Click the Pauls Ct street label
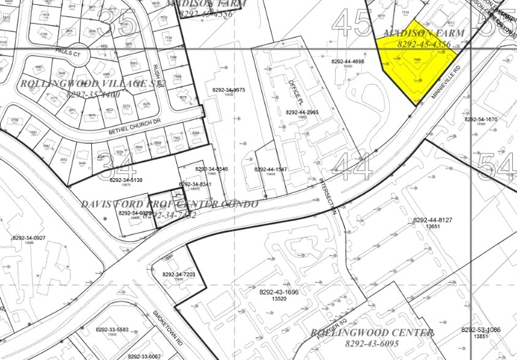tap(67, 53)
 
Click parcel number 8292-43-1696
tap(279, 292)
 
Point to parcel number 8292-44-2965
tap(302, 113)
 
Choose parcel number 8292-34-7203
tap(179, 275)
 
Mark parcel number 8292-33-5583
tap(112, 330)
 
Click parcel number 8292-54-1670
tap(480, 119)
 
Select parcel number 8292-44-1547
tap(270, 169)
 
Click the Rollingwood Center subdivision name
tap(372, 333)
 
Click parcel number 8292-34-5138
tap(126, 180)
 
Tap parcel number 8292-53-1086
tap(481, 330)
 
